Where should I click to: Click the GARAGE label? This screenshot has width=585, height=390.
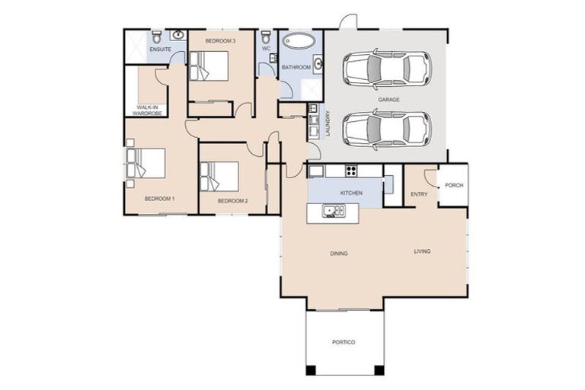tap(388, 100)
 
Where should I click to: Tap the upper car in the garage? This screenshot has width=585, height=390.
tap(387, 69)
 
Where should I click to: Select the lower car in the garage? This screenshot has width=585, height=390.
tap(387, 129)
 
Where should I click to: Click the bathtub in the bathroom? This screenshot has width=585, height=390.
tap(299, 40)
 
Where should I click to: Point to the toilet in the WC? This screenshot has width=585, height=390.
tap(266, 37)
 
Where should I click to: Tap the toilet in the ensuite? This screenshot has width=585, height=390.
tap(157, 37)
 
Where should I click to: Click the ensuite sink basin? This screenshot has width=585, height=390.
tap(178, 36)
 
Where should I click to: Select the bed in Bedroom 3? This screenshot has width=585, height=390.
tap(209, 66)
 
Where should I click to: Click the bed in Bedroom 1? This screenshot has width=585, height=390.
tap(146, 163)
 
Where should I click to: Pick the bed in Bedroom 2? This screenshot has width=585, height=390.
tap(219, 177)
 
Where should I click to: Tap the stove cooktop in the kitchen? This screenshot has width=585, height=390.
tap(351, 171)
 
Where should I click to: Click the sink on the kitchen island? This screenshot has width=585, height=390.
tap(334, 211)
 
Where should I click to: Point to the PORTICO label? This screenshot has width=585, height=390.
tap(344, 342)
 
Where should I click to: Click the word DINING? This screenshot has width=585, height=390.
tap(339, 254)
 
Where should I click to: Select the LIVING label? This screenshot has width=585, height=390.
tap(422, 251)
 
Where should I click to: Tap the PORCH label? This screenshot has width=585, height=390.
tap(454, 185)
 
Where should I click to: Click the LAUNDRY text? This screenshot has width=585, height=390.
tap(328, 123)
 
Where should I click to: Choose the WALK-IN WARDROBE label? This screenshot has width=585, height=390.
tap(147, 110)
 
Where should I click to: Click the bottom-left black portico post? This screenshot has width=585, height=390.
tap(311, 370)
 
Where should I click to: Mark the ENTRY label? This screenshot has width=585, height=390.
tap(419, 194)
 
